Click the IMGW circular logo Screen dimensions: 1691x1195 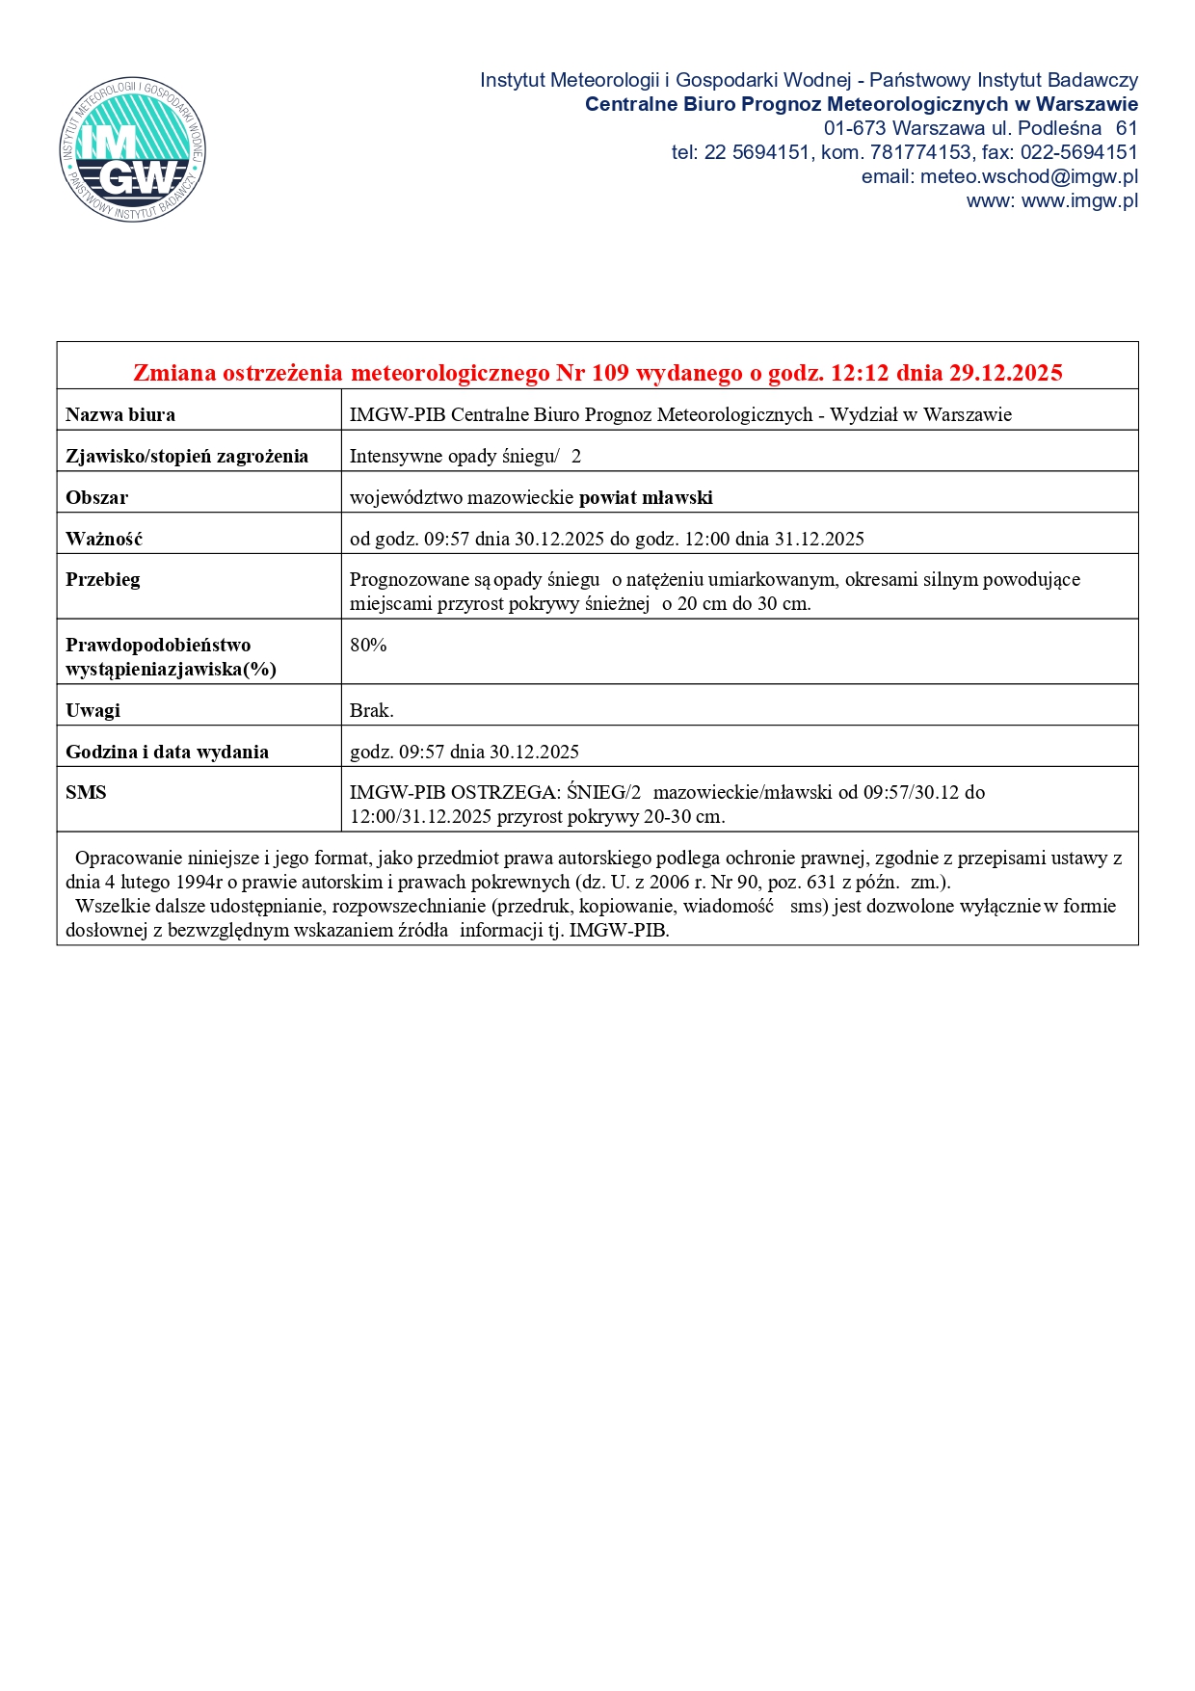point(132,149)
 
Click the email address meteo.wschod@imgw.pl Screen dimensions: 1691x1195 point(1028,176)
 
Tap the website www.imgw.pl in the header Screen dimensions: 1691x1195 point(1079,200)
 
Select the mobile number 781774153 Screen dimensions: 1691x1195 point(920,152)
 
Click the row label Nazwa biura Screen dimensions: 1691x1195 point(120,415)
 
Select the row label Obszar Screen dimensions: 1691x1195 point(96,498)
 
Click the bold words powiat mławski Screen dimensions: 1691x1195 point(646,498)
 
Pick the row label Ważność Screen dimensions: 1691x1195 point(104,540)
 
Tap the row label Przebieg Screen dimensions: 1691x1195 point(103,580)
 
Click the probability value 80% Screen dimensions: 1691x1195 point(368,646)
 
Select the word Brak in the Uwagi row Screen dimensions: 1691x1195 point(370,711)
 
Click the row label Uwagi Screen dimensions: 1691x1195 point(93,711)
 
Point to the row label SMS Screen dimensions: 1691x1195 point(86,793)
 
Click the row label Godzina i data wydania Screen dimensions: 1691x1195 point(167,753)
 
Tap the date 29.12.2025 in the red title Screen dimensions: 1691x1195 point(1005,373)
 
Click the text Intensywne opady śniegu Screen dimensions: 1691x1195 point(452,457)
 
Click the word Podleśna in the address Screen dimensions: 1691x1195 point(1059,128)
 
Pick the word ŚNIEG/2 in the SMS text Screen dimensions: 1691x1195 point(603,793)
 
